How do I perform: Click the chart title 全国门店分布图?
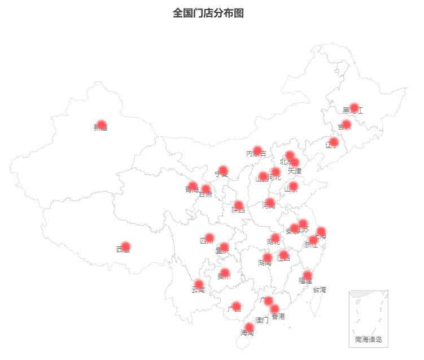coord(208,13)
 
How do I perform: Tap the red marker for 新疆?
coord(101,125)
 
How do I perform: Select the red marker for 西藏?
coord(125,246)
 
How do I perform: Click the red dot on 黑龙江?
coord(354,108)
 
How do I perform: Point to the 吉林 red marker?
coord(346,124)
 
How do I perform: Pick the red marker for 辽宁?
coord(334,142)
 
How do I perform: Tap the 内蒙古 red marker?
coord(257,151)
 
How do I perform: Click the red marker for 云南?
coord(199,284)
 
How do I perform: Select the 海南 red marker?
coord(249,327)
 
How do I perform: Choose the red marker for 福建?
coord(307,275)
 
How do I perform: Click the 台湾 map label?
coord(320,290)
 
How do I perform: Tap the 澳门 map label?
coord(262,320)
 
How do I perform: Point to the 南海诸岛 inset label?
coord(368,340)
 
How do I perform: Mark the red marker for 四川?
coord(209,238)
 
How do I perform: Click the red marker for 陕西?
coord(239,205)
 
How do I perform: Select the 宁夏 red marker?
coord(223,170)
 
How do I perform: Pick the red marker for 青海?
coord(193,186)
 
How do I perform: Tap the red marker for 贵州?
coord(225,273)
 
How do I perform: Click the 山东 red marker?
coord(293,186)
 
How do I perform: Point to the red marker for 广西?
coord(237,306)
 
